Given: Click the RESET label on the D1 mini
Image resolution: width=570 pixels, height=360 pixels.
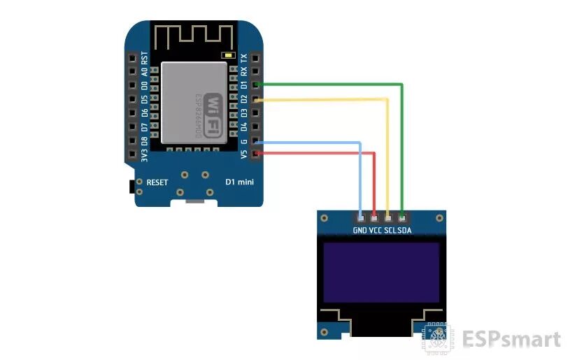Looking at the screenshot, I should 157,182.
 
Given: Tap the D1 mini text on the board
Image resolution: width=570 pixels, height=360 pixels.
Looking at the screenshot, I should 239,182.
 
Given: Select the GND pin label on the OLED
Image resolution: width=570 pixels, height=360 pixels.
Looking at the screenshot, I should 360,230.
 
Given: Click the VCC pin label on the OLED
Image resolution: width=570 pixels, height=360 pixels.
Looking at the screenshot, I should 376,230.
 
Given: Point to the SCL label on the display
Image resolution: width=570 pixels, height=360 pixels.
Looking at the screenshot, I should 390,230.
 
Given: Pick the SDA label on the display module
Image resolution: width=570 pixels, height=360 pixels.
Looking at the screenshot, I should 404,230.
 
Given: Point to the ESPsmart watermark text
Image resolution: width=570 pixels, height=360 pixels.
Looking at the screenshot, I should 511,340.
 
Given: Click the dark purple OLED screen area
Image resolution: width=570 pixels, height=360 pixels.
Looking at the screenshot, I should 381,273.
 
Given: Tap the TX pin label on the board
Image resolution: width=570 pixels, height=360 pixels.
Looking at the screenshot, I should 243,59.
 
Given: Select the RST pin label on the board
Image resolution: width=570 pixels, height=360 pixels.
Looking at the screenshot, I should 145,58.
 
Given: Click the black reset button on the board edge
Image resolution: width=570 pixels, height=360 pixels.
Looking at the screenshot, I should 131,187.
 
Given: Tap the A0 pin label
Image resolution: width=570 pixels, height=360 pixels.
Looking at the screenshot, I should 145,72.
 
